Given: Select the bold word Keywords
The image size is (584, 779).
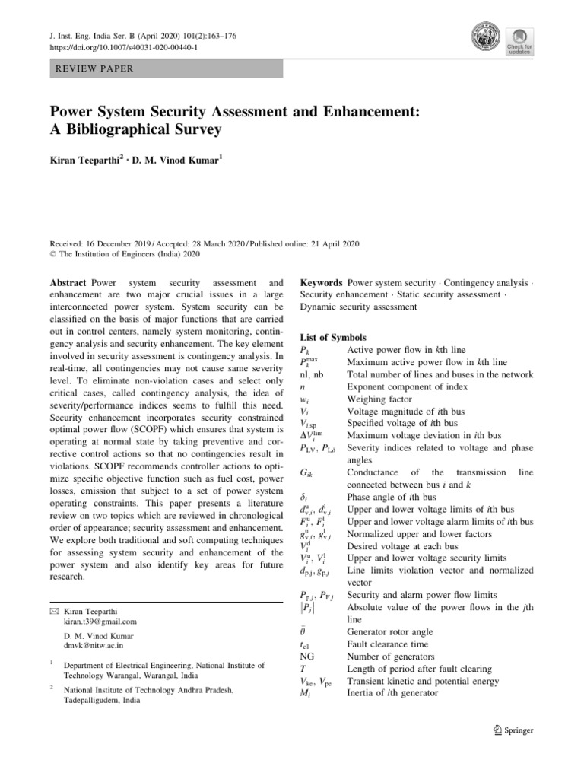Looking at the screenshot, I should coord(321,282).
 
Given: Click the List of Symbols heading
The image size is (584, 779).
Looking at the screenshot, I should coord(333,336).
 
